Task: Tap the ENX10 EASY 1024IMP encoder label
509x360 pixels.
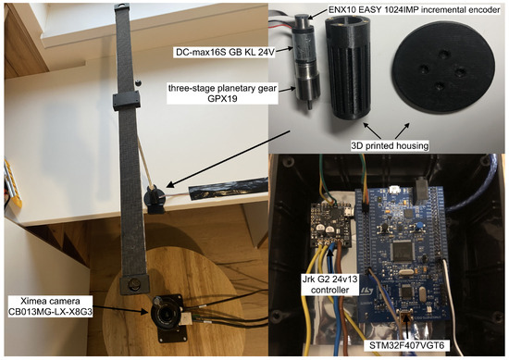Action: click(415, 10)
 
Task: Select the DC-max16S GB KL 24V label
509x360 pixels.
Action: click(224, 52)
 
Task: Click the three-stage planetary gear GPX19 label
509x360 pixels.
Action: click(222, 93)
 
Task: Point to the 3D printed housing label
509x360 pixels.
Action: click(390, 145)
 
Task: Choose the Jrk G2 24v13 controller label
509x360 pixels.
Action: click(329, 284)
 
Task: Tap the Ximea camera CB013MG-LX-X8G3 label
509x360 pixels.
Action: click(50, 306)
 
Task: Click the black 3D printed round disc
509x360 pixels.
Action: click(443, 67)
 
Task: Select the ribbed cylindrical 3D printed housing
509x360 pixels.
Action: click(348, 68)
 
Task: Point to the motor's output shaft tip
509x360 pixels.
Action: click(310, 106)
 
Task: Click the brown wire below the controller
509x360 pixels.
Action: click(341, 292)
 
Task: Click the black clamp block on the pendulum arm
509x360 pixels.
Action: click(127, 100)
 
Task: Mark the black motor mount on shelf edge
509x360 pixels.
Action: click(154, 199)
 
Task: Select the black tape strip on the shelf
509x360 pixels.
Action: click(228, 187)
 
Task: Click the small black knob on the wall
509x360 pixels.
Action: click(139, 82)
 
